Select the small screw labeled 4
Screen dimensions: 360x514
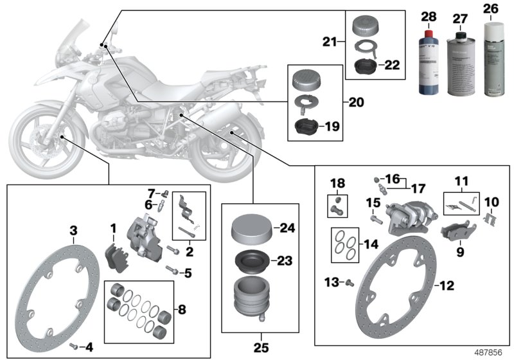[x=74, y=345]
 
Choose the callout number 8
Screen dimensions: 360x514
[x=181, y=310]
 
